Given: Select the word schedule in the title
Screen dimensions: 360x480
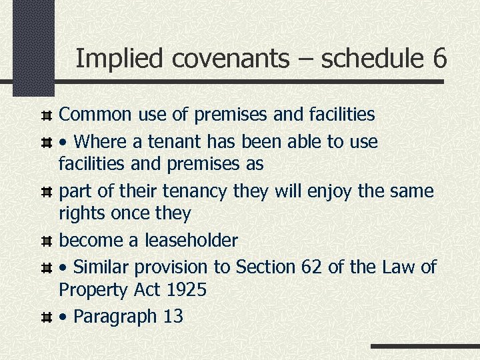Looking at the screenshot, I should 371,59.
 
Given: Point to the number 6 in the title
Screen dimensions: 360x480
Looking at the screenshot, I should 439,59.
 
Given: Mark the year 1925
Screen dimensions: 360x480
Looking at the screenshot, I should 186,290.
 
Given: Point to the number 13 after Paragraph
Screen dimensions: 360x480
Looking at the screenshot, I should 173,316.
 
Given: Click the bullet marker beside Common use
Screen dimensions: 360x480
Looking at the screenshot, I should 47,115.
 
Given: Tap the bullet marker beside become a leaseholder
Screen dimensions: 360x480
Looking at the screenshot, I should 47,240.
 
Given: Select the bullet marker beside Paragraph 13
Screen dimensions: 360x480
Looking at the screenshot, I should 47,317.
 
